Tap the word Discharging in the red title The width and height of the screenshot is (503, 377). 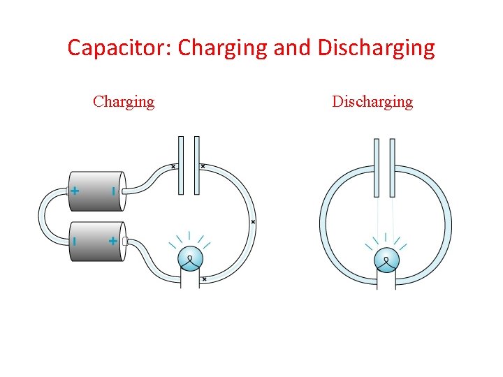pyautogui.click(x=376, y=48)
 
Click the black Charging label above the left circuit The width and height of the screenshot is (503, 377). pyautogui.click(x=124, y=102)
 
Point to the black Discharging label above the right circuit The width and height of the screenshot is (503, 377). pyautogui.click(x=372, y=102)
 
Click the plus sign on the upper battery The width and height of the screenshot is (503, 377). pyautogui.click(x=75, y=191)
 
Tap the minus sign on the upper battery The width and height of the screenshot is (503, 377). pyautogui.click(x=112, y=191)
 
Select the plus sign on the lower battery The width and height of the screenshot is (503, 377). pyautogui.click(x=112, y=241)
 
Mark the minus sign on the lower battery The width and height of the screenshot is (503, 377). pyautogui.click(x=75, y=241)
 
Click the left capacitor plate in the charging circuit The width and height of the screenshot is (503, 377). pyautogui.click(x=180, y=165)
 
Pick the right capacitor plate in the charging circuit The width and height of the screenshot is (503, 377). pyautogui.click(x=196, y=165)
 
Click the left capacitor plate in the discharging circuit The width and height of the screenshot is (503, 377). pyautogui.click(x=377, y=168)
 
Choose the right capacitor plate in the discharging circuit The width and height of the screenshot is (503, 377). pyautogui.click(x=393, y=168)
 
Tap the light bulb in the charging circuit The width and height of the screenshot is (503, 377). pyautogui.click(x=190, y=260)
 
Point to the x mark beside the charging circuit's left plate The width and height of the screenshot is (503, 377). pyautogui.click(x=173, y=166)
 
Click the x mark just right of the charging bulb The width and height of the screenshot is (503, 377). pyautogui.click(x=204, y=279)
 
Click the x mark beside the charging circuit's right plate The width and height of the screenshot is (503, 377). pyautogui.click(x=203, y=166)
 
